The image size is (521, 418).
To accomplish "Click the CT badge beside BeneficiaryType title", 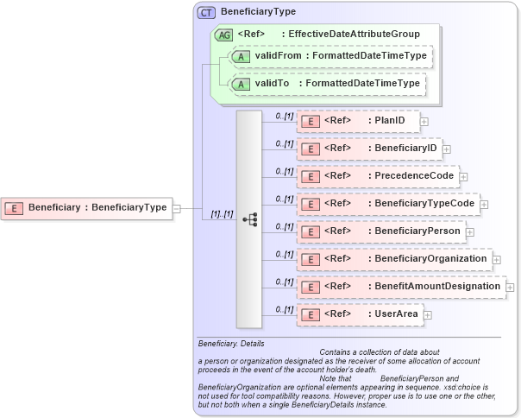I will pyautogui.click(x=206, y=12).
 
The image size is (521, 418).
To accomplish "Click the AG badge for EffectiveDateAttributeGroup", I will pyautogui.click(x=223, y=34).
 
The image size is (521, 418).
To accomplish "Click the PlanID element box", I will pyautogui.click(x=358, y=121).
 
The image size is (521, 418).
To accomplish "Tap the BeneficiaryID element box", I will pyautogui.click(x=368, y=149).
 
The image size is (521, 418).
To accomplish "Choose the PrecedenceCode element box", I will pyautogui.click(x=377, y=176).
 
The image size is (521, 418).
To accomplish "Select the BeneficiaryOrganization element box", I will pyautogui.click(x=394, y=258).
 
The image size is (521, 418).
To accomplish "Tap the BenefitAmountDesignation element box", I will pyautogui.click(x=401, y=286).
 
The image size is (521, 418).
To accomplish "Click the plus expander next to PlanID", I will pyautogui.click(x=424, y=122).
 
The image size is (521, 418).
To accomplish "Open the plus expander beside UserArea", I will pyautogui.click(x=427, y=315).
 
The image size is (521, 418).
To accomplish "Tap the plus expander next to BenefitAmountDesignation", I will pyautogui.click(x=511, y=287).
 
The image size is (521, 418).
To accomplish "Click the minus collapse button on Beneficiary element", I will pyautogui.click(x=176, y=207).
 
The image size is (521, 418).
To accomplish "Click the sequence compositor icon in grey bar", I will pyautogui.click(x=249, y=219).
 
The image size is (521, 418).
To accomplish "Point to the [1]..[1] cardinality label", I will pyautogui.click(x=222, y=213).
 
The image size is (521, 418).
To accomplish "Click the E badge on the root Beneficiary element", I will pyautogui.click(x=15, y=207).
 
